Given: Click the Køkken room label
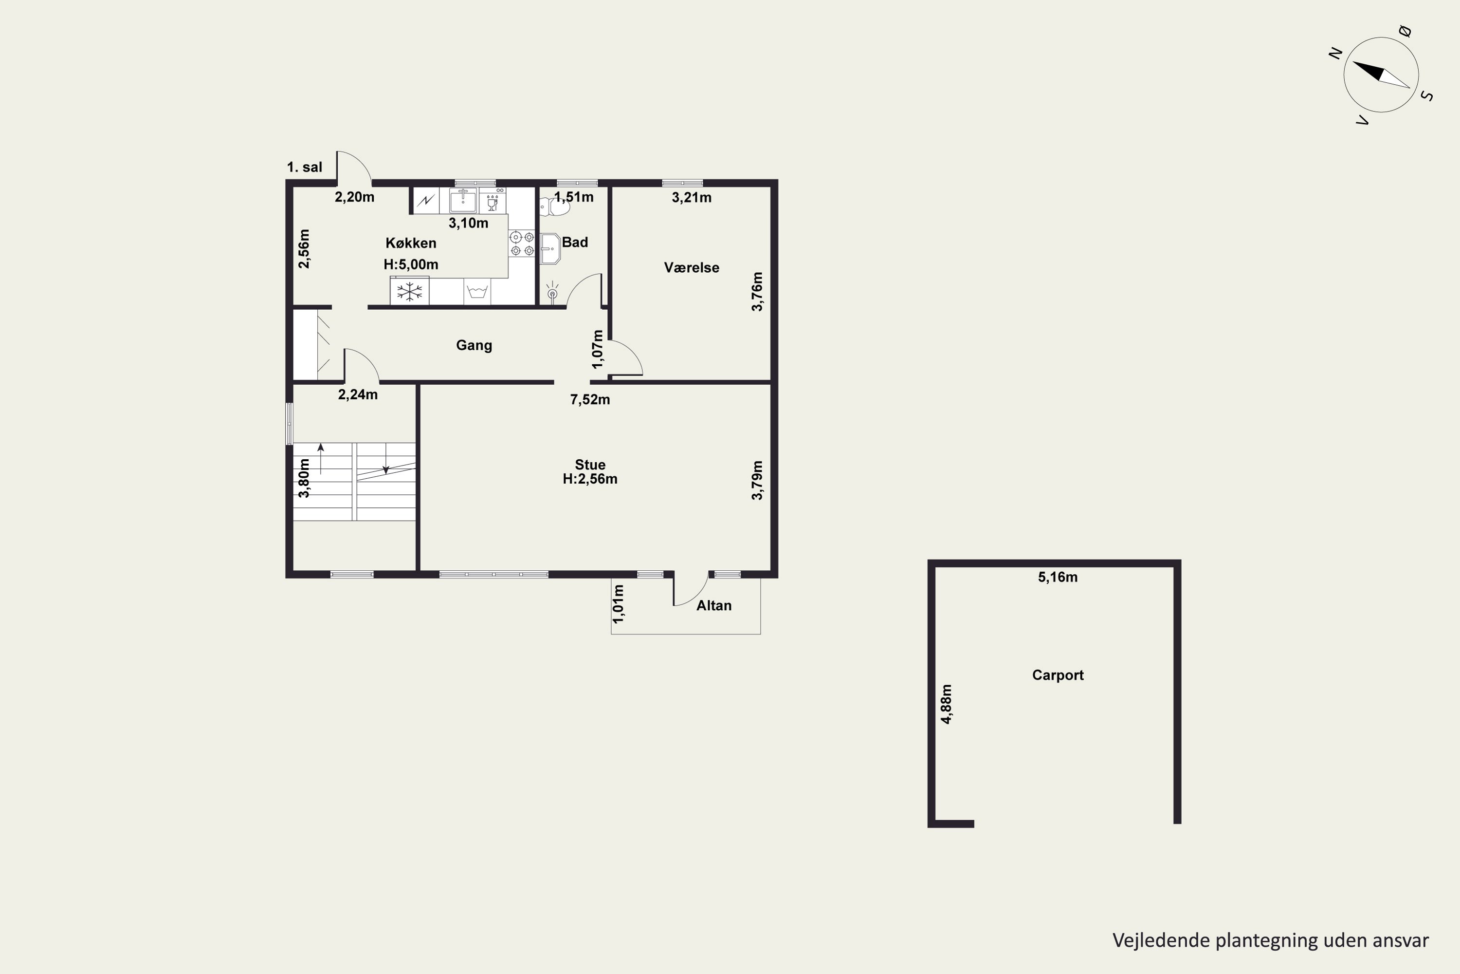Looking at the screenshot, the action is (x=411, y=243).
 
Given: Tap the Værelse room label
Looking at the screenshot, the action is (x=692, y=268).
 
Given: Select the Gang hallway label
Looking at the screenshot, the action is (x=474, y=345).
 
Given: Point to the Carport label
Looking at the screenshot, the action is (x=1058, y=675).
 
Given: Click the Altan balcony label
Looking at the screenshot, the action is (x=714, y=606).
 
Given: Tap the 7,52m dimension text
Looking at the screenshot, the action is (x=590, y=400).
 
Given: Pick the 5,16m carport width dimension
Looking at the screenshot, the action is (x=1058, y=577).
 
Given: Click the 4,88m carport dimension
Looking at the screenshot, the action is (x=946, y=704).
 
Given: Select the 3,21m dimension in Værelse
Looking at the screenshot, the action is (x=692, y=198).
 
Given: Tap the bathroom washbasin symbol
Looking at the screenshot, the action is (x=550, y=248).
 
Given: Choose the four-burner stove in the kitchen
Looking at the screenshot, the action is (x=521, y=243).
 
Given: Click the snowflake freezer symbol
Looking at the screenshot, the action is (x=409, y=291).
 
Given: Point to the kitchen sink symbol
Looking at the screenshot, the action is (x=463, y=201).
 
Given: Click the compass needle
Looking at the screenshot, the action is (x=1381, y=75).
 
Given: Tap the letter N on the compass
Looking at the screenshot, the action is (x=1335, y=54).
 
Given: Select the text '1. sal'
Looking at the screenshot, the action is (x=304, y=167).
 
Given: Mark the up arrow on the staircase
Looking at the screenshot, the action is (x=321, y=458).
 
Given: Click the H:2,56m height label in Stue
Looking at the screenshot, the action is (x=590, y=479).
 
